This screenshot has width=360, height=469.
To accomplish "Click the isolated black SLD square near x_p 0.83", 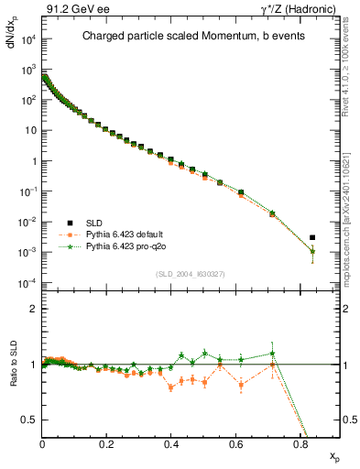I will pos(312,237).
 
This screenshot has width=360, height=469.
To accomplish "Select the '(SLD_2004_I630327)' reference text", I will pos(190,274).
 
